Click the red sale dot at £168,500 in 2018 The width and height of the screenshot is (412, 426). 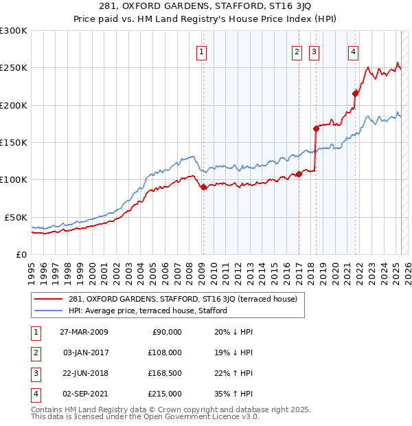316,128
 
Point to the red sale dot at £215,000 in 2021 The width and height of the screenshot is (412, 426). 355,93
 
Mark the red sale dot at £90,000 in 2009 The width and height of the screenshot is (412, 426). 203,187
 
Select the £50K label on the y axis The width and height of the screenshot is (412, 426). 16,217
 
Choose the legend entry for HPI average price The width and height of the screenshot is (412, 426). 148,311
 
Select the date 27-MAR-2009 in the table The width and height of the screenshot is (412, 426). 84,332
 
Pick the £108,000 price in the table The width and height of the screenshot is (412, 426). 165,352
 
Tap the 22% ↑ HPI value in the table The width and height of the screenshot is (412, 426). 229,373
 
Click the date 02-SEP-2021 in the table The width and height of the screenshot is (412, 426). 84,394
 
